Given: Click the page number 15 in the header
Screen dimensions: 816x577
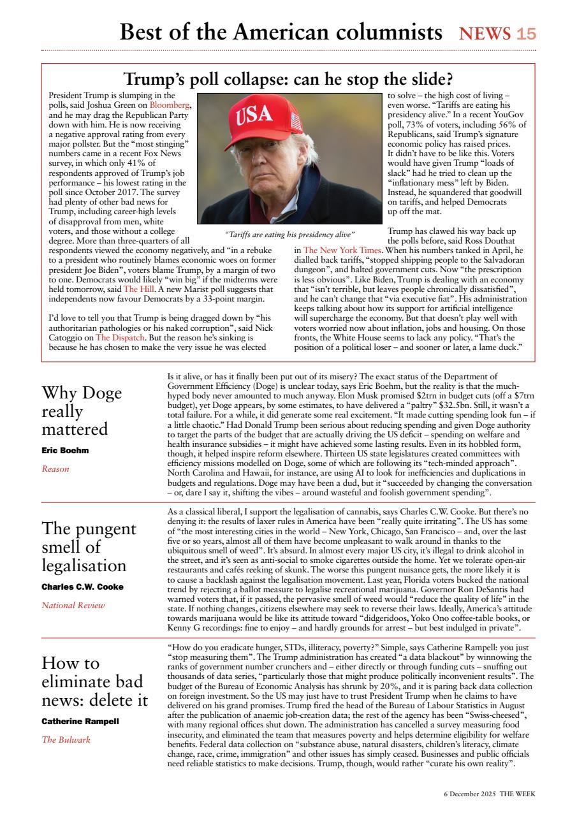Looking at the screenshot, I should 526,34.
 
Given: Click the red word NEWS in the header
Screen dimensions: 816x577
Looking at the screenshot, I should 485,34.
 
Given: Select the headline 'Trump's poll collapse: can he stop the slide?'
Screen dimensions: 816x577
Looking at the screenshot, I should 288,79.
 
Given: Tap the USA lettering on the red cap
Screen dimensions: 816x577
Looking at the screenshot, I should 255,116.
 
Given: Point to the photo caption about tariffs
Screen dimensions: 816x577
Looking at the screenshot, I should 290,234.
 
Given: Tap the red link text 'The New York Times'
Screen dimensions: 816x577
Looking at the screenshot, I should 342,251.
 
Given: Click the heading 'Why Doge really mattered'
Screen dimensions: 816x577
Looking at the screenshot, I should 82,411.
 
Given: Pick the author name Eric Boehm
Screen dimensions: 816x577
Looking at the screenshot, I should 65,450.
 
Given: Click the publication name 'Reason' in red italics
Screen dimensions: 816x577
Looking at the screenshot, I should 55,469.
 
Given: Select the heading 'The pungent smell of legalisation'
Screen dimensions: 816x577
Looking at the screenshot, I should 89,547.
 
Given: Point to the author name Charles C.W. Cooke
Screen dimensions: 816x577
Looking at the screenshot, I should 82,586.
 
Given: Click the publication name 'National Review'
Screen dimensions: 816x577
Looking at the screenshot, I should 73,605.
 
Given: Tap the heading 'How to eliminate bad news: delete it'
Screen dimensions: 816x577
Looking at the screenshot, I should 94,682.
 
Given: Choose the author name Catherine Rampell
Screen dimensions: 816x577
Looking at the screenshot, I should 80,722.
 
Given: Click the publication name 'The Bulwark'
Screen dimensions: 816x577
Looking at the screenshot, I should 66,740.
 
